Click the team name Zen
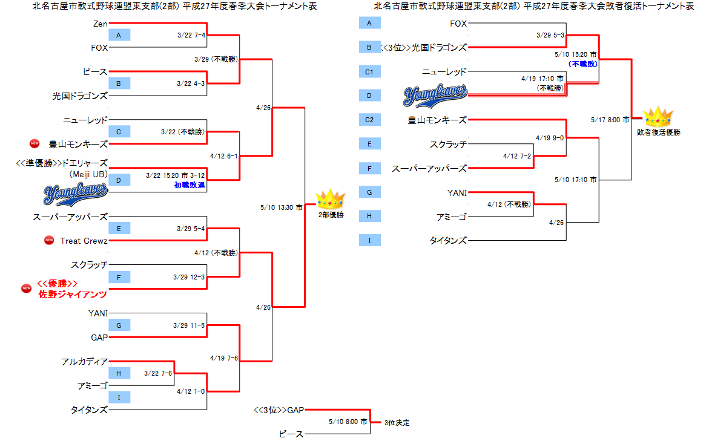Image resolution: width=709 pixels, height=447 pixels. [x=101, y=24]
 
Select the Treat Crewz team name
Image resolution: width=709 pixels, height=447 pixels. [x=84, y=241]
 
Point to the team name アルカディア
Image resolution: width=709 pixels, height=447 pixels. [x=84, y=362]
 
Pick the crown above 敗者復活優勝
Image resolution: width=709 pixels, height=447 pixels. [x=658, y=117]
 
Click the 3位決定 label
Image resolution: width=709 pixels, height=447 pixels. [x=397, y=423]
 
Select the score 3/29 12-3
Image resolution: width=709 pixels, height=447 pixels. [x=189, y=277]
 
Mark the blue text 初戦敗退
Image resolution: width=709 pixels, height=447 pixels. [x=190, y=185]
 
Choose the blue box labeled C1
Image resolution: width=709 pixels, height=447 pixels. [x=369, y=71]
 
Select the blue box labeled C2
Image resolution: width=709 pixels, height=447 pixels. [x=369, y=120]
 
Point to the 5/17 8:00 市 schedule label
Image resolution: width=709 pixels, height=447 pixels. [x=610, y=120]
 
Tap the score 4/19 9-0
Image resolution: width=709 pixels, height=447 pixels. [x=549, y=138]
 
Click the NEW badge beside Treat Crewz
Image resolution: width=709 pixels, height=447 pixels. [x=49, y=241]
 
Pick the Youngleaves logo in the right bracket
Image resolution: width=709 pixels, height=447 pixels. [x=435, y=93]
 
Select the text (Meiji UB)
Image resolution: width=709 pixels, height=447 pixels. [x=88, y=174]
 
